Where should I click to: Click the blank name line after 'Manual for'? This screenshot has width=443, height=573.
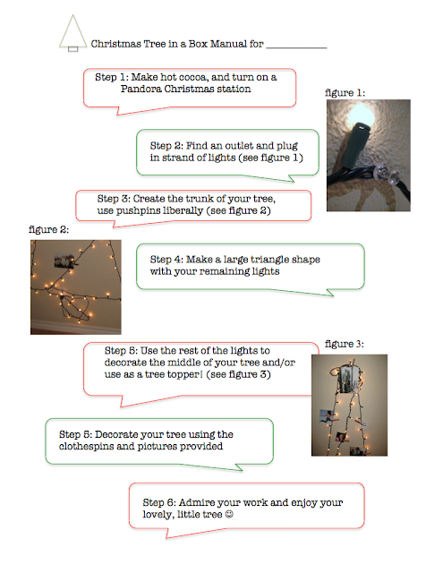click(x=296, y=47)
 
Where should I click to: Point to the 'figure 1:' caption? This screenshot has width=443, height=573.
click(x=345, y=92)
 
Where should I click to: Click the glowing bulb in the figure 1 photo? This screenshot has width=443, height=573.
click(x=362, y=115)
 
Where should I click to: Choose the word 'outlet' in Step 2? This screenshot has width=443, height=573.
click(x=239, y=146)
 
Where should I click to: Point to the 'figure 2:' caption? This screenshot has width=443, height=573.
click(x=48, y=229)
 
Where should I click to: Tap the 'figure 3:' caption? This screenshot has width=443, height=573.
click(x=344, y=344)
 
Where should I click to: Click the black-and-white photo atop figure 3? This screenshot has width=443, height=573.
click(x=350, y=379)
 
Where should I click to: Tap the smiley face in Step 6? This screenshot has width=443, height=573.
click(x=229, y=514)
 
